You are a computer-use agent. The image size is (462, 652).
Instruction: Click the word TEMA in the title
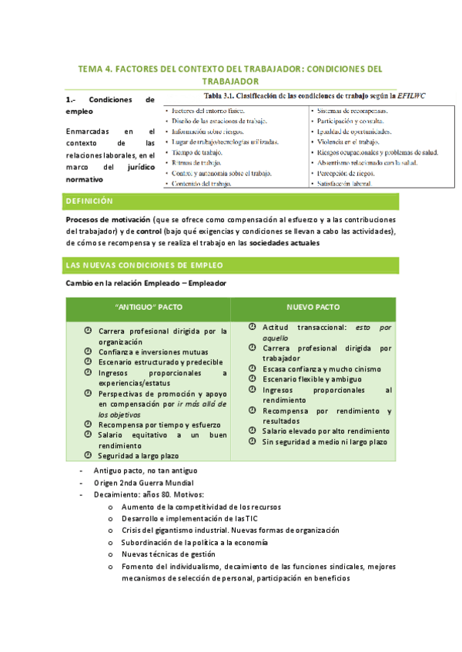point(92,68)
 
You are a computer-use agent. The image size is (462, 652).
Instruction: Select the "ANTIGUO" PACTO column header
point(148,306)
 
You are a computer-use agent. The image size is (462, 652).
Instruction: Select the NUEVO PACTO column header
point(315,306)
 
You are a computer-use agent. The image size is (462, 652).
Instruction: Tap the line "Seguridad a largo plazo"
point(138,456)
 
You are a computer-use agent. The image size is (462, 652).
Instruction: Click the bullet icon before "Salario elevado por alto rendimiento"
point(253,431)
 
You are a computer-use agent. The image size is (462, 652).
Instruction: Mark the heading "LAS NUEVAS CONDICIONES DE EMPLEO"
point(145,265)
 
